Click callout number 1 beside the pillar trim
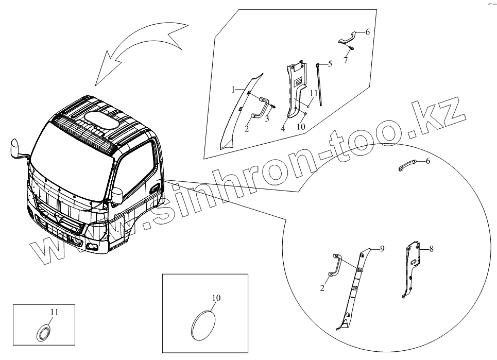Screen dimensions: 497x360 [233, 90]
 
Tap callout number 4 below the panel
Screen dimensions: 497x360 [283, 130]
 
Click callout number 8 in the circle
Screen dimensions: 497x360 [431, 249]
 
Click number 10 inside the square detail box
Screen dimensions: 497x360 [216, 298]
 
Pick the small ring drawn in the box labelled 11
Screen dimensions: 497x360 [43, 332]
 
